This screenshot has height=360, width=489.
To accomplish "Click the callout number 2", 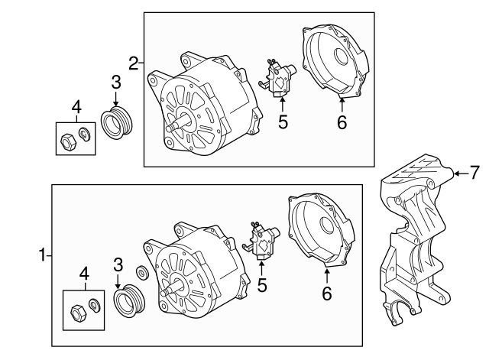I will tap(134, 63).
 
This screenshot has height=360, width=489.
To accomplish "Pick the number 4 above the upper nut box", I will tap(75, 106).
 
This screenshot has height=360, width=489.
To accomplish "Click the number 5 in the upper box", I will tap(283, 121).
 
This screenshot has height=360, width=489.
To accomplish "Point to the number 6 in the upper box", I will tap(342, 121).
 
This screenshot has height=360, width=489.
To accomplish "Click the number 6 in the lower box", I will tap(327, 293).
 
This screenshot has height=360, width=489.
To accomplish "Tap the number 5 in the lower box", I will tap(262, 287).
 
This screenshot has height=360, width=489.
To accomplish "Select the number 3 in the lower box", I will tap(118, 264).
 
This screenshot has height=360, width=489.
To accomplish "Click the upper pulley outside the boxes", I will tap(117, 125).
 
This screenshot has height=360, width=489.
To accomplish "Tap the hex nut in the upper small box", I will tap(66, 139).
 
